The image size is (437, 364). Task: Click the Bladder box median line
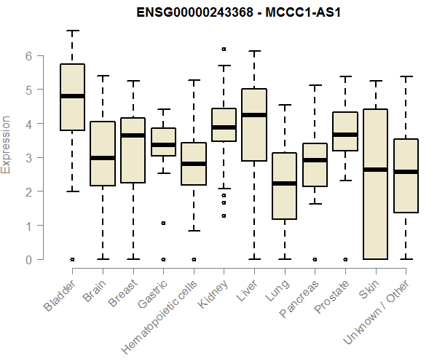point(72,96)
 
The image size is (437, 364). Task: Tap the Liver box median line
point(254,115)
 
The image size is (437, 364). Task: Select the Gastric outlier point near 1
point(163,223)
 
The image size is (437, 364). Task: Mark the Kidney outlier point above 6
point(224,50)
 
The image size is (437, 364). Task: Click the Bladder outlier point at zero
point(72,259)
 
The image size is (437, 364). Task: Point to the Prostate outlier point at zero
point(345,259)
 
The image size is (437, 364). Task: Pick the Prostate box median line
point(345,135)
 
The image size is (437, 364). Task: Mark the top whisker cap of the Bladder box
point(72,31)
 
